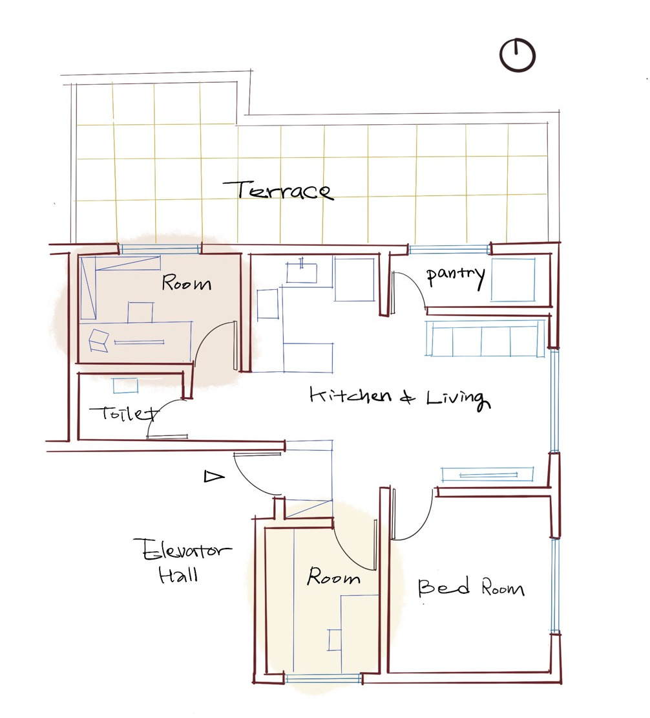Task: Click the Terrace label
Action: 278,190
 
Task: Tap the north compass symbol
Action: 517,55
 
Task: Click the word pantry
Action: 455,276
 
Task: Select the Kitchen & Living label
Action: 400,398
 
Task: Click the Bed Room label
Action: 470,587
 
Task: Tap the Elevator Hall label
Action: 182,560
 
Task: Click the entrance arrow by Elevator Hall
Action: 214,477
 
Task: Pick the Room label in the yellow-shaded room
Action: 333,576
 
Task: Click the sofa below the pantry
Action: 485,338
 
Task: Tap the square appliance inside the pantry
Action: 513,279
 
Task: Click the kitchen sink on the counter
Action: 302,272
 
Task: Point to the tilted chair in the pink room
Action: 98,340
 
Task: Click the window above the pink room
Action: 160,249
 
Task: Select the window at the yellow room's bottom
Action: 324,678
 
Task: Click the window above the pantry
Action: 449,250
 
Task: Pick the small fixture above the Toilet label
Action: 125,386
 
